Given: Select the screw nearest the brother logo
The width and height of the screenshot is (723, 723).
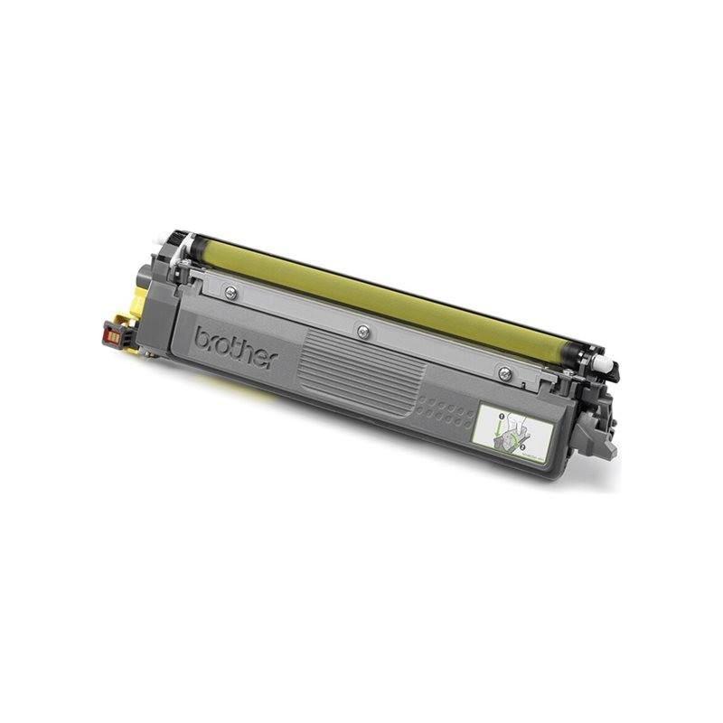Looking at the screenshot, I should (x=232, y=292).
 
